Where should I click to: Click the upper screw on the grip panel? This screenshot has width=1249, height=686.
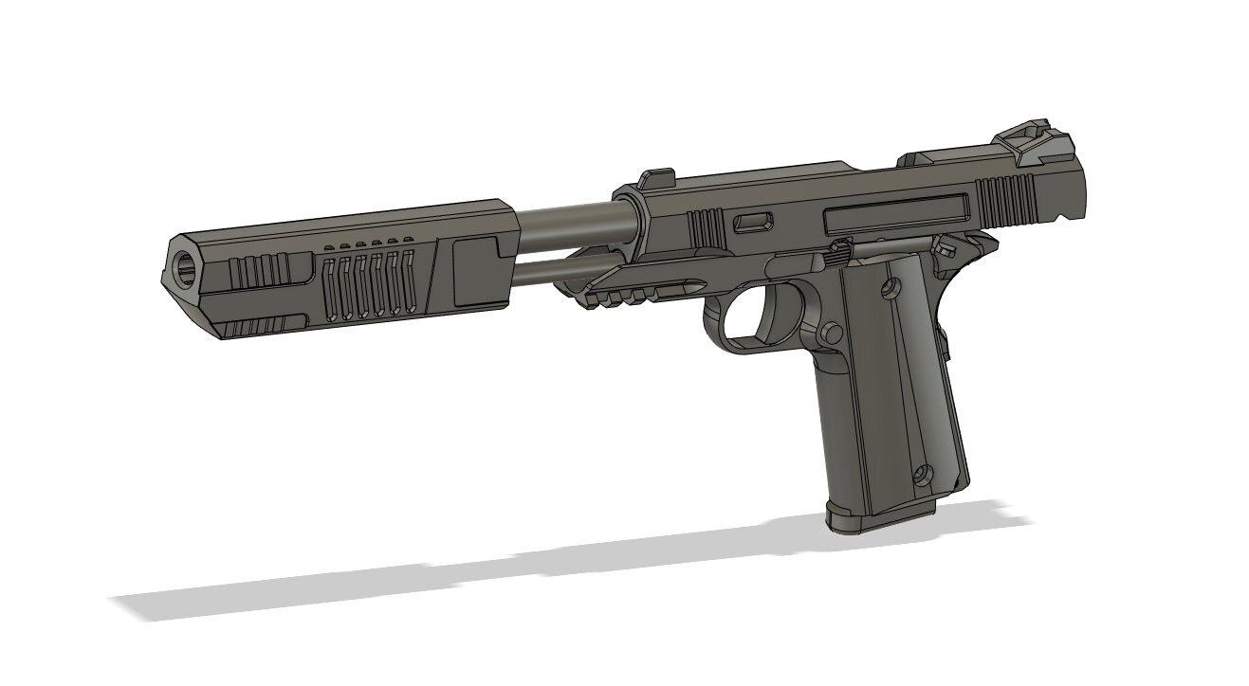889,288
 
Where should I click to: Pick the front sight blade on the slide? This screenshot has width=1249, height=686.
655,177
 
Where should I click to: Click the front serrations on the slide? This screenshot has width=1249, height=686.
706,228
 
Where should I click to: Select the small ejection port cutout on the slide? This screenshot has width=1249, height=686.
754,223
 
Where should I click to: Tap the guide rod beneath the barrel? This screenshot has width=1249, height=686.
550,273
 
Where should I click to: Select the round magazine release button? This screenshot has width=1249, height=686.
833,333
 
